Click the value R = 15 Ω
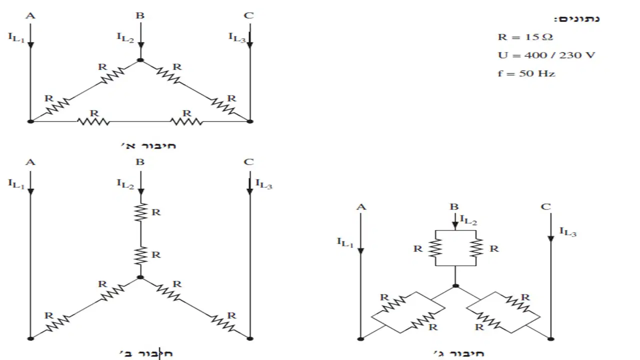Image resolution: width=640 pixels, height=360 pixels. (x=525, y=37)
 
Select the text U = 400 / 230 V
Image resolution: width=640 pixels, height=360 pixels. (x=546, y=55)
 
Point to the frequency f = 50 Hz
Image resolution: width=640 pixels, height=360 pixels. (x=526, y=73)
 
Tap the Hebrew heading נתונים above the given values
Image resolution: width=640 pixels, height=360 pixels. (x=577, y=19)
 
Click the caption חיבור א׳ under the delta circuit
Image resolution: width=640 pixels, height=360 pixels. (x=148, y=145)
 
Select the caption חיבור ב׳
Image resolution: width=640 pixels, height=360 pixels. (x=146, y=353)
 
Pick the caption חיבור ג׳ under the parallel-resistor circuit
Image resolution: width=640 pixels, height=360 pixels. (x=459, y=353)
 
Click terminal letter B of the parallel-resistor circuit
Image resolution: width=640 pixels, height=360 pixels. (x=454, y=206)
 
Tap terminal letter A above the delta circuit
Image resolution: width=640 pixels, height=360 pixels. (x=30, y=15)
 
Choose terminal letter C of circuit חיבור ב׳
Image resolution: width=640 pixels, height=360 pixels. (x=249, y=162)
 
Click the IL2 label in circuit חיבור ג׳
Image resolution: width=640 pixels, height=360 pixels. (x=468, y=220)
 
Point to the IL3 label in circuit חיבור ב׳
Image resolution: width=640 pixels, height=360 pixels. (x=263, y=184)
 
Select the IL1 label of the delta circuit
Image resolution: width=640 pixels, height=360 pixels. (x=16, y=37)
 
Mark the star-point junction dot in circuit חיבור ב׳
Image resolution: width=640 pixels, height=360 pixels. (x=140, y=277)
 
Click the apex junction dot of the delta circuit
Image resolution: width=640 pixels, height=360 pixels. (x=140, y=60)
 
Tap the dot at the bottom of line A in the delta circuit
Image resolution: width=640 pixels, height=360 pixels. (x=30, y=121)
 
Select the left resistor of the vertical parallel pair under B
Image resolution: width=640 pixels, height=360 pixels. (x=435, y=248)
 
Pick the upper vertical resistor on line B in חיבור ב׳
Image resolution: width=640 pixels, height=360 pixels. (x=140, y=212)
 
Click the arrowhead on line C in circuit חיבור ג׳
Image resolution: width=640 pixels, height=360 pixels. (x=551, y=239)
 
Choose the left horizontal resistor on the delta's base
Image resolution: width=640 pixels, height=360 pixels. (x=93, y=121)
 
